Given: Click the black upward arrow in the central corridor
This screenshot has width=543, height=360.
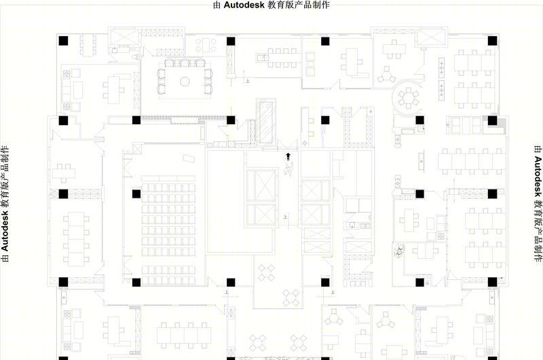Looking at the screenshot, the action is tap(288, 156).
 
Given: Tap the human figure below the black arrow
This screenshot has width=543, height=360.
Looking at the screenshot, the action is tap(288, 170).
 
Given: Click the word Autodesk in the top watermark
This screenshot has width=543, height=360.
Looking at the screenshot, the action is tap(244, 5).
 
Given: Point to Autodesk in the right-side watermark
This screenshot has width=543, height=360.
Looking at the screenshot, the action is tap(538, 177).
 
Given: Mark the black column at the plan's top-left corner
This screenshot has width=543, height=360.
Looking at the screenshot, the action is tap(63, 41).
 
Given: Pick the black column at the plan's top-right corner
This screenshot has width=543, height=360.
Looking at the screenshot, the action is tap(493, 41).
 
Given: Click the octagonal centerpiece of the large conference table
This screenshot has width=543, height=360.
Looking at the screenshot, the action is tap(185, 82).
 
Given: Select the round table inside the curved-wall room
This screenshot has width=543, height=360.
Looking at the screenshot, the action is tap(409, 98).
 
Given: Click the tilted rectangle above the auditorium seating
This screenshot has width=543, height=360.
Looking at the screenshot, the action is tap(189, 159).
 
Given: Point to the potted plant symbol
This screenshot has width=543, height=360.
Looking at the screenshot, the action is tap(399, 251).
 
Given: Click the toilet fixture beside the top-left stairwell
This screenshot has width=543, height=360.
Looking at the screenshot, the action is tap(135, 56).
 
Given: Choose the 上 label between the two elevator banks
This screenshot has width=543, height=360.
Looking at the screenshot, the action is tap(285, 217).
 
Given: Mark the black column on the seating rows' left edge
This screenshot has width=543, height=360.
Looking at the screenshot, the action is tap(136, 194).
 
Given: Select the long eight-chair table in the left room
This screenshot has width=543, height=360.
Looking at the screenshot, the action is tap(76, 239).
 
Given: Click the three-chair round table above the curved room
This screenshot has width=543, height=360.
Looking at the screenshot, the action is tap(386, 75).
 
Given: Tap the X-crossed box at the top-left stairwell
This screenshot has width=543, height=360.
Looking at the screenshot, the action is tap(125, 37).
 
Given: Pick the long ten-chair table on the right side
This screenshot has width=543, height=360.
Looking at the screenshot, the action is tap(472, 162).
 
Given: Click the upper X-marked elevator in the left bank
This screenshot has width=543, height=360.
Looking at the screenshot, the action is tap(261, 185).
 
